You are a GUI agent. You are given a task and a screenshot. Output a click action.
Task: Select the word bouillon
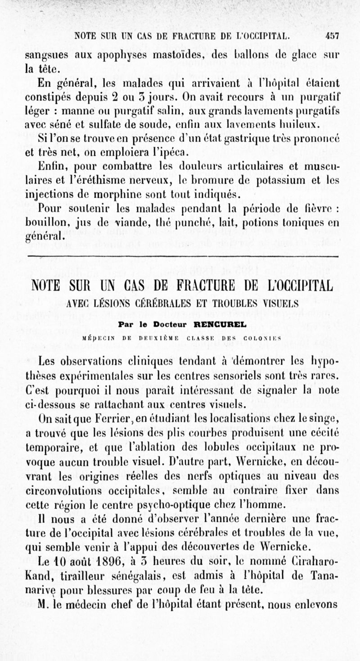[44, 223]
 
